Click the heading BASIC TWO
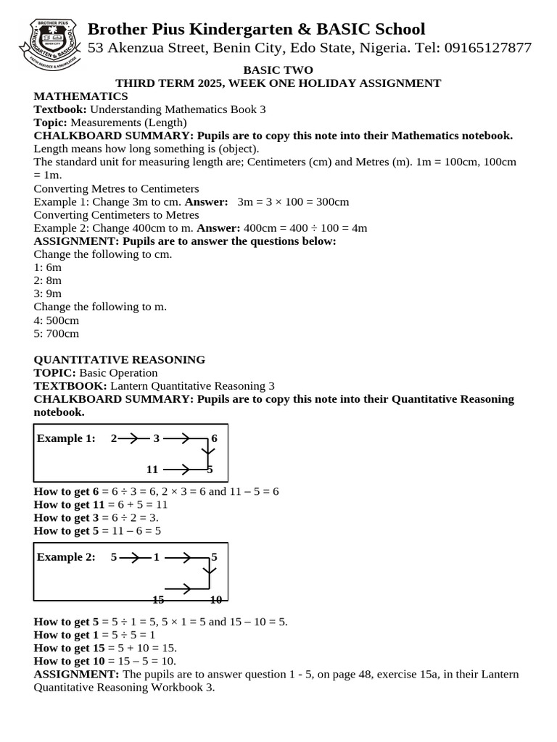(278, 70)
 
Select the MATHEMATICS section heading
(81, 96)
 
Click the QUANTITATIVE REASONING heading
(120, 359)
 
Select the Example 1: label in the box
(66, 438)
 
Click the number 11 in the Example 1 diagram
(152, 469)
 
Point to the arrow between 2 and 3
(133, 438)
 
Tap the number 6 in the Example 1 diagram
(214, 438)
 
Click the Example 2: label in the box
(66, 557)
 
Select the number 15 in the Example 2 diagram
(158, 599)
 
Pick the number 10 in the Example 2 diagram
(215, 599)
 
